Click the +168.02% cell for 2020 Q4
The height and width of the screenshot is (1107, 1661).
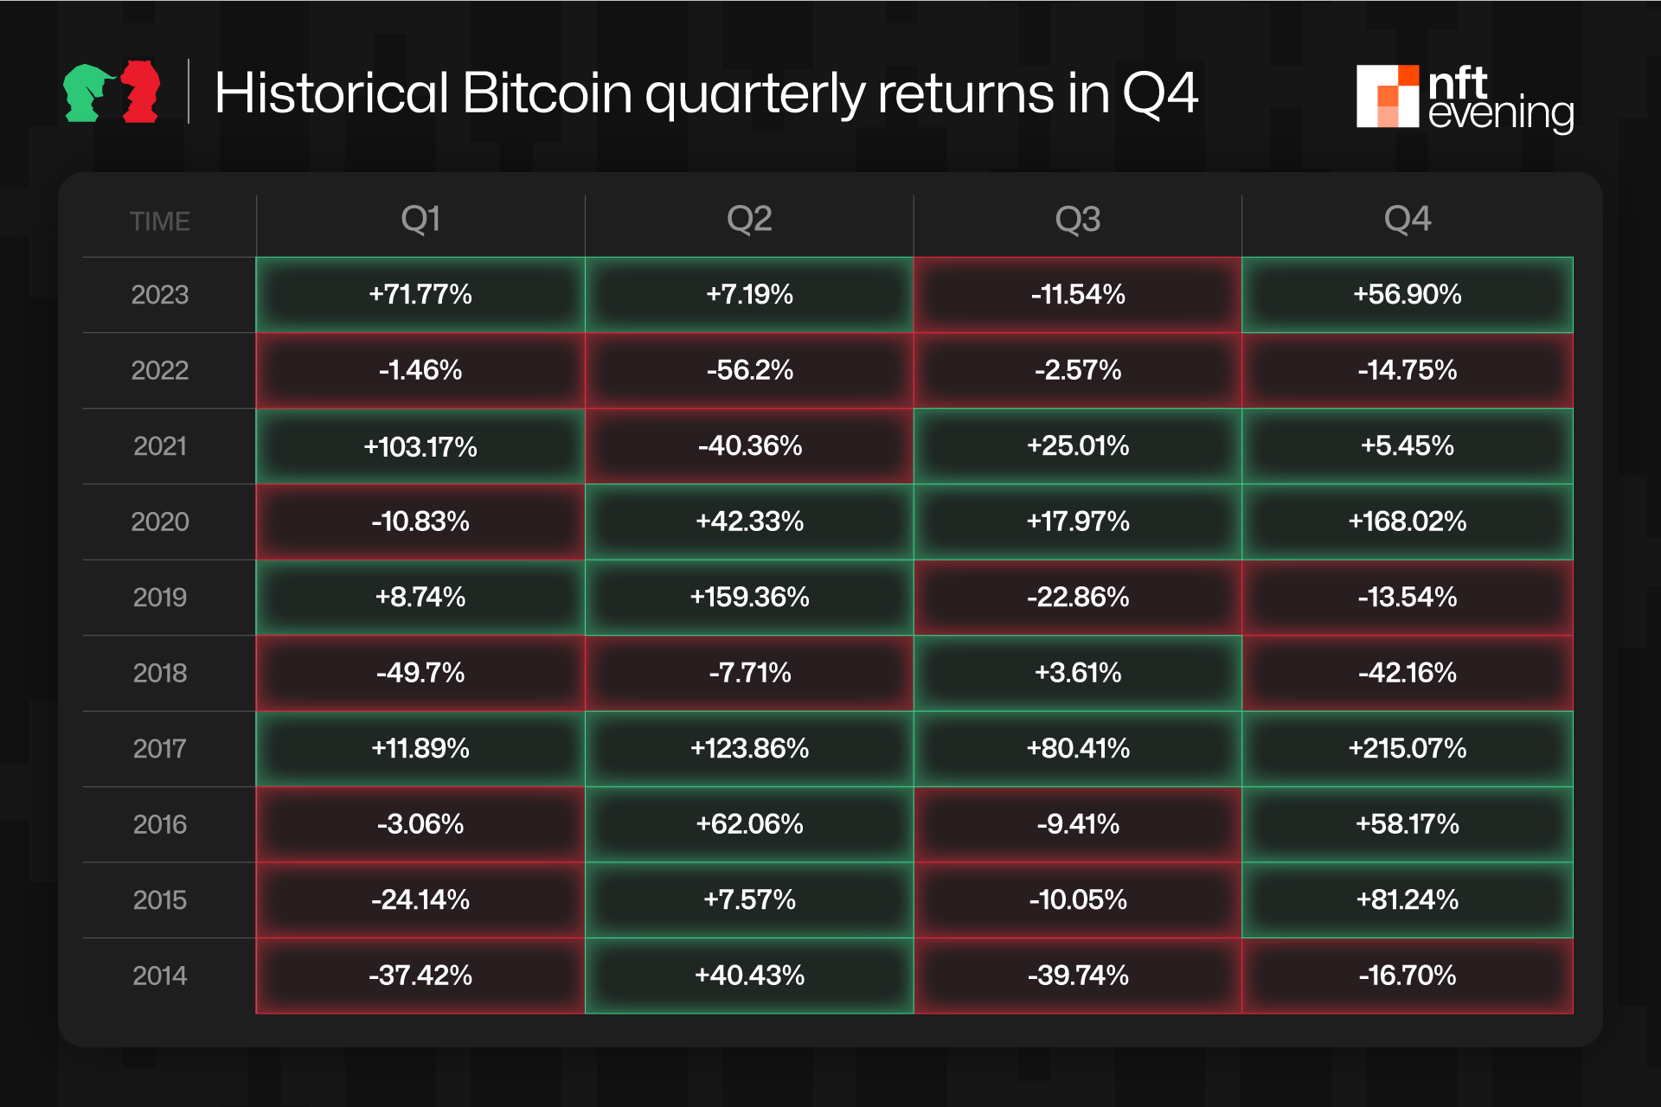1407,522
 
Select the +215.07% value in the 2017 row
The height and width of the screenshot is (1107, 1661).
1407,748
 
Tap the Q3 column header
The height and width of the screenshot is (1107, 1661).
1077,220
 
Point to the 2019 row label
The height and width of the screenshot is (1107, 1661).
160,598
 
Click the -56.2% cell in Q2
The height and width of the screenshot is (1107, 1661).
749,370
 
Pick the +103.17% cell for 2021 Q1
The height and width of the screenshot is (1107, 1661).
420,446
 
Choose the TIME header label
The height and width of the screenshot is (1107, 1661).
160,221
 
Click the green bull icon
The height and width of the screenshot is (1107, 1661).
87,93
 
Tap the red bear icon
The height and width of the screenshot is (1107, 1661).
141,92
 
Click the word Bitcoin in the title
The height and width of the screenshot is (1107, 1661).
548,93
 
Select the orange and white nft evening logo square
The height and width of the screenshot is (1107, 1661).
1387,96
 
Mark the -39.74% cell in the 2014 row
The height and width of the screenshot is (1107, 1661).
1077,976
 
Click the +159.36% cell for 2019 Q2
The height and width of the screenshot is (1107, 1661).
749,598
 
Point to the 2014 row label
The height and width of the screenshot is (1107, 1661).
160,976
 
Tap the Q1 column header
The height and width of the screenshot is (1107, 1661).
420,220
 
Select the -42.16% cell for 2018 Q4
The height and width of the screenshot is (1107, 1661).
1407,673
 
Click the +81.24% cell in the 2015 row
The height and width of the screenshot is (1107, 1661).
1407,899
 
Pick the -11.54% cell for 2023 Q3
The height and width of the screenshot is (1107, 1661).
1077,295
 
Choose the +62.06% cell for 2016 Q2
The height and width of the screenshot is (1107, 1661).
749,824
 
